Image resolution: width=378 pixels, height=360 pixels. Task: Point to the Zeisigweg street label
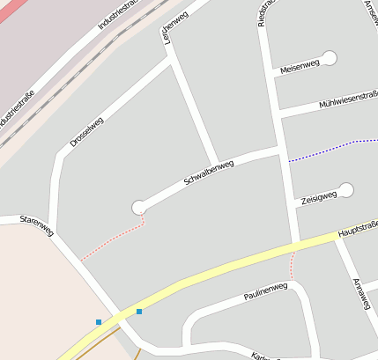319,199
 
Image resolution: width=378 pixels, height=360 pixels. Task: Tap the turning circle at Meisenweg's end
330,58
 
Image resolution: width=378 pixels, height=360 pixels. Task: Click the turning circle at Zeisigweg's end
346,190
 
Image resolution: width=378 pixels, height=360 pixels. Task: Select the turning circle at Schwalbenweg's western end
138,207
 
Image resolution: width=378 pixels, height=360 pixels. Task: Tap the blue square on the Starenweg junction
139,311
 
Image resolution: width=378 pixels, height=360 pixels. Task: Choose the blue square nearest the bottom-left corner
99,322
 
